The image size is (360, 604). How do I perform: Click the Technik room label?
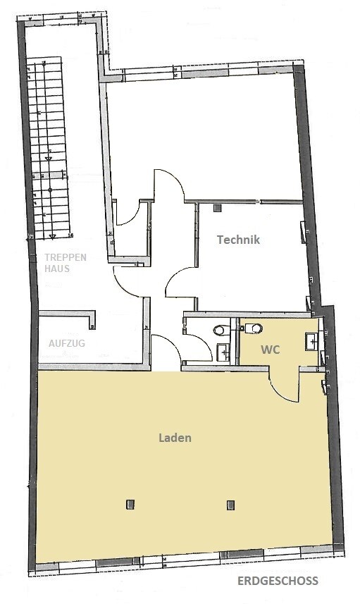point(238,240)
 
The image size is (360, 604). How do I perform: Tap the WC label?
point(271,350)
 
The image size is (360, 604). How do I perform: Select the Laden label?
point(175,438)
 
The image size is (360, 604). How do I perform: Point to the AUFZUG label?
point(67,343)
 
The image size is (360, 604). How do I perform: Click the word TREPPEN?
point(66,257)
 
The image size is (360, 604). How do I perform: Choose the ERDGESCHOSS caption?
point(278,581)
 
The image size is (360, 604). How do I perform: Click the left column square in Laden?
point(130,503)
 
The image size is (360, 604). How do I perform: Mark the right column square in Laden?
point(230,503)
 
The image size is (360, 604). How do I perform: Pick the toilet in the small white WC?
point(220,329)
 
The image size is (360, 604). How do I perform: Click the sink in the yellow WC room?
point(311,342)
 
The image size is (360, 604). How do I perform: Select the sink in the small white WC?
point(223,350)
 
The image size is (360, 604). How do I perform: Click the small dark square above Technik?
point(218,208)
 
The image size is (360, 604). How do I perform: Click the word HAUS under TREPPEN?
point(57,269)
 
